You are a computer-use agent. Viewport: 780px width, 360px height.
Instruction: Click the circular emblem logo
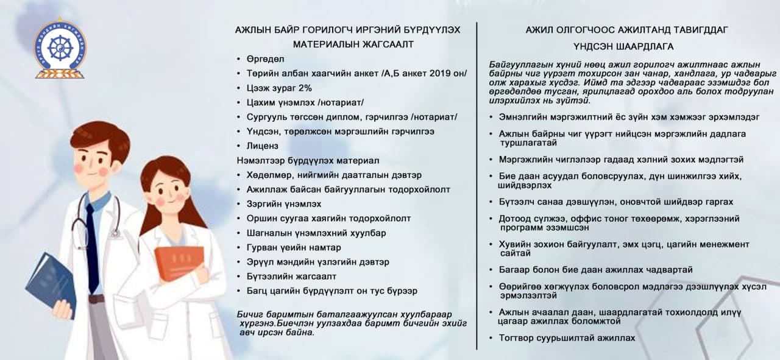(x=60, y=49)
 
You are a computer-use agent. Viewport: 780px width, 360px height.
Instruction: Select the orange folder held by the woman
(x=178, y=263)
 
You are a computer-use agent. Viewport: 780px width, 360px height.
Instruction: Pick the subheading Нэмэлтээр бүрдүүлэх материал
(x=308, y=161)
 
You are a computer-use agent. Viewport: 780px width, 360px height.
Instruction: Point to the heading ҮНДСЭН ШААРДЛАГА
(x=623, y=46)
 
